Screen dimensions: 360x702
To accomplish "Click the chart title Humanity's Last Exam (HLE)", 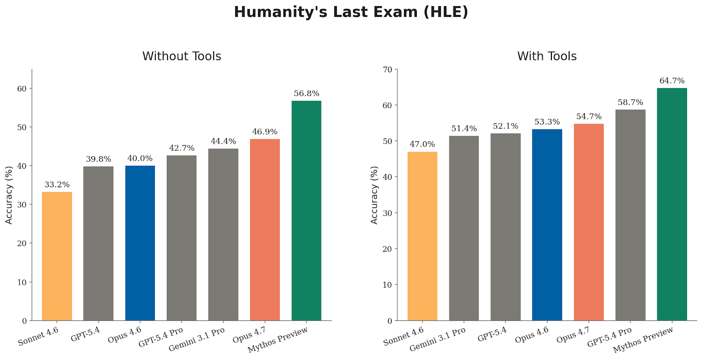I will (x=351, y=12).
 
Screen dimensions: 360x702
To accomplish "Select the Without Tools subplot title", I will (x=182, y=56).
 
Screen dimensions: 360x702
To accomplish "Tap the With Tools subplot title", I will (x=547, y=56).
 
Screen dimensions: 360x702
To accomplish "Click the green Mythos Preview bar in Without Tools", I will (x=306, y=210).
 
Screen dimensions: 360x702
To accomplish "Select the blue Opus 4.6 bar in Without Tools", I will (x=140, y=243).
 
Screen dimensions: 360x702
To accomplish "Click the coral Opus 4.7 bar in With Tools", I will (x=588, y=222).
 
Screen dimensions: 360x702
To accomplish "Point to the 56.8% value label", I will (x=306, y=93).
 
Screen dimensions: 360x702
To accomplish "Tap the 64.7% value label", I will (x=672, y=81).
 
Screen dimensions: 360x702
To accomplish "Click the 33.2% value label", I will (x=57, y=185).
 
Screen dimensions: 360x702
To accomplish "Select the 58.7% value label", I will (x=630, y=102).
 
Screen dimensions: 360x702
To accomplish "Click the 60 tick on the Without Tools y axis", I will (x=22, y=89).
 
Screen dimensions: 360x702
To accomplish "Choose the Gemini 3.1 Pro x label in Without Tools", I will (x=197, y=339).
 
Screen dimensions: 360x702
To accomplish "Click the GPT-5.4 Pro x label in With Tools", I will (x=610, y=337).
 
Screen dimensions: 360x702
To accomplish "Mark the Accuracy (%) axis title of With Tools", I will (x=374, y=195).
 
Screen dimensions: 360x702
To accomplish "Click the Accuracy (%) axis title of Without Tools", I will (x=9, y=195).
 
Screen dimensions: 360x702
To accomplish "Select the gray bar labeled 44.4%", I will (x=223, y=235).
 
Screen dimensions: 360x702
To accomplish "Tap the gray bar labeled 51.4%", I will (x=464, y=228).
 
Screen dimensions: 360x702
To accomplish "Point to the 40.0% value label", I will (x=140, y=158).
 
